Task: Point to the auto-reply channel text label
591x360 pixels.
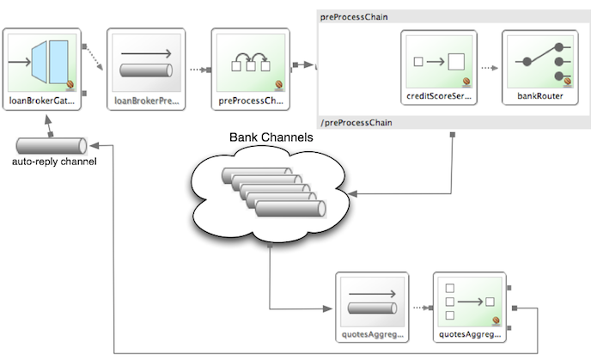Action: point(54,162)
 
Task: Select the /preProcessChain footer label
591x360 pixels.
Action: point(352,122)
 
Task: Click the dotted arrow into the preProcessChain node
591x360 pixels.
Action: point(197,69)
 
